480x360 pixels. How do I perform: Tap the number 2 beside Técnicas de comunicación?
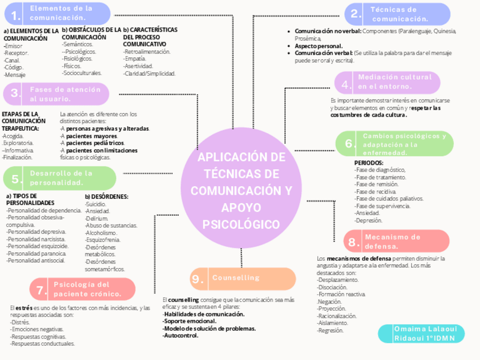coord(354,14)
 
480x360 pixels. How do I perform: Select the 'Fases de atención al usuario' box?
coord(65,94)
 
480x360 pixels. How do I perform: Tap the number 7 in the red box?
coord(41,290)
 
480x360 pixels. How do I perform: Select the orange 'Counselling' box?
coord(243,278)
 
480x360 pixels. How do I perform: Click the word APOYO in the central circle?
coord(241,207)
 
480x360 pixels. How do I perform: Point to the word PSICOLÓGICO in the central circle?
coord(241,224)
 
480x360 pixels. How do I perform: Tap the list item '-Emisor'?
coord(12,46)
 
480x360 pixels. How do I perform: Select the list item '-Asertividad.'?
coord(139,66)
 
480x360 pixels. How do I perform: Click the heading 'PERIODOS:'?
coord(368,162)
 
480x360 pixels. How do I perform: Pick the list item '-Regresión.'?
coord(331,331)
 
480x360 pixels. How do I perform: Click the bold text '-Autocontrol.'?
coord(181,335)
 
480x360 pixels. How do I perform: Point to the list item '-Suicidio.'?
coord(95,203)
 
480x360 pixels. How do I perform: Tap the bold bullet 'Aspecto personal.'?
coord(319,45)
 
